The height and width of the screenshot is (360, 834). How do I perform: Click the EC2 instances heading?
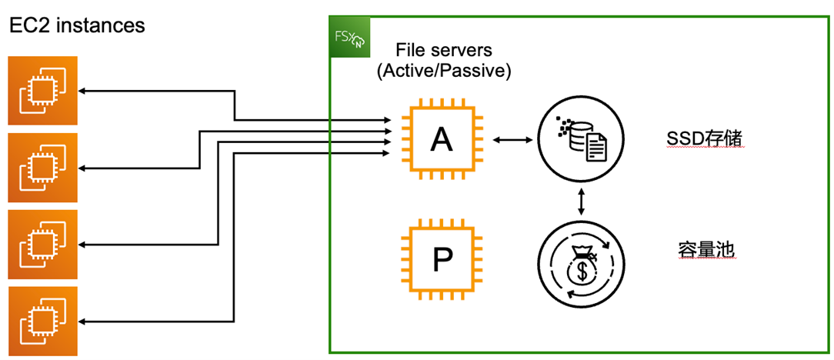pyautogui.click(x=76, y=25)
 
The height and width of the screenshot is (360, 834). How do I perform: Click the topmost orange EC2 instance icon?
pyautogui.click(x=43, y=90)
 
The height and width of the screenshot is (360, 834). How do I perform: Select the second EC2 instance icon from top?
pyautogui.click(x=43, y=167)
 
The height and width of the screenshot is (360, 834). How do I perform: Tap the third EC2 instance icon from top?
pyautogui.click(x=43, y=244)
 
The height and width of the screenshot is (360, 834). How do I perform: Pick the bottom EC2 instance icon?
pyautogui.click(x=43, y=321)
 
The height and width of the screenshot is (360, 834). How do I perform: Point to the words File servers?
pyautogui.click(x=444, y=51)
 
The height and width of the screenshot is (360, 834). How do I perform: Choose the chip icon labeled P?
pyautogui.click(x=441, y=259)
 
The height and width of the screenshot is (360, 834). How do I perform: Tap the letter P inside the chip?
pyautogui.click(x=441, y=260)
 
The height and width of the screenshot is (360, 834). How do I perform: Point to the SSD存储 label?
pyautogui.click(x=697, y=139)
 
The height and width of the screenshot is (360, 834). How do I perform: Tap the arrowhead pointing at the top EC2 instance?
pyautogui.click(x=83, y=92)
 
